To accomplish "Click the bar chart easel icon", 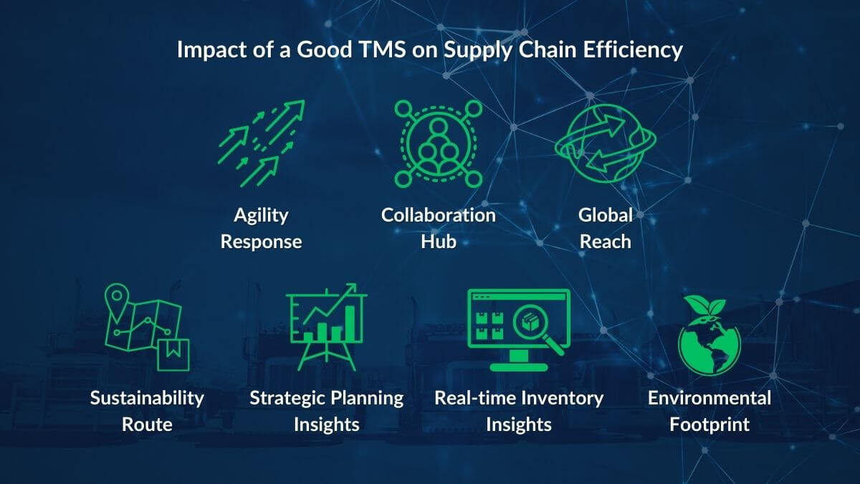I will tap(326, 326).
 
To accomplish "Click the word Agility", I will tap(261, 215).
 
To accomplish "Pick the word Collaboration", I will tap(438, 215).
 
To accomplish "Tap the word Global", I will tap(606, 215).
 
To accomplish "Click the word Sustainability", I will tap(147, 398).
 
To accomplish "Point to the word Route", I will tap(147, 424).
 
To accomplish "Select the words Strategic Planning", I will tap(326, 398).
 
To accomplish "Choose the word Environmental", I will tap(709, 398).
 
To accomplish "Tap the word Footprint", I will tap(709, 424).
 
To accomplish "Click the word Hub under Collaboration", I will tap(438, 241).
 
